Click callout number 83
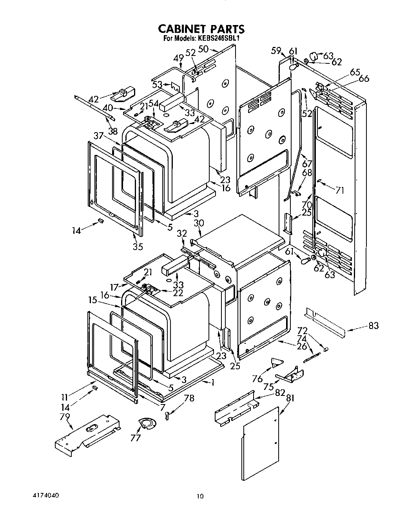coord(373,325)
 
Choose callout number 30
coord(199,223)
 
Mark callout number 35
coord(138,246)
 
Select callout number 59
coord(276,50)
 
